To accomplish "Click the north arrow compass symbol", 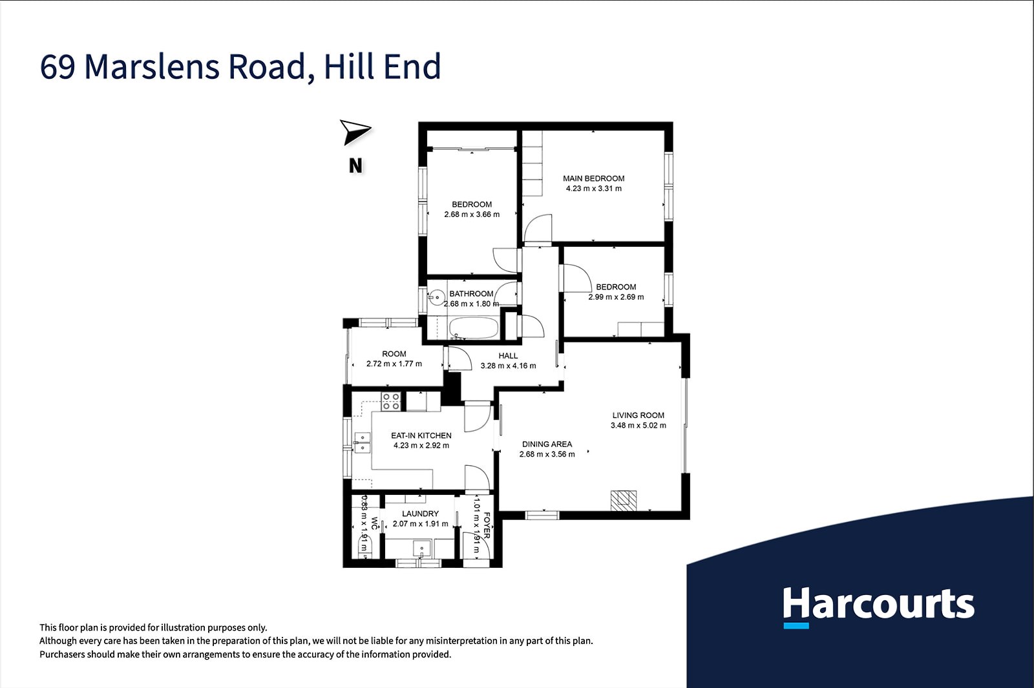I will click(355, 132).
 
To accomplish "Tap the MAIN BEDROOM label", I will click(593, 178).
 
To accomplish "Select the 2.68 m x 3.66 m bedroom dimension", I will click(472, 214).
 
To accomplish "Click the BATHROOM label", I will click(471, 294).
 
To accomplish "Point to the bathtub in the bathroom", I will click(473, 328).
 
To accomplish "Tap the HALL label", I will click(508, 356).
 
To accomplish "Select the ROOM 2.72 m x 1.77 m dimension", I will click(394, 364).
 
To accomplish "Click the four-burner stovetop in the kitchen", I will click(391, 401).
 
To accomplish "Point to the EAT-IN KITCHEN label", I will click(421, 435).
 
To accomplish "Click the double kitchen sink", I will click(362, 443).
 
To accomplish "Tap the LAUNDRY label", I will click(420, 514).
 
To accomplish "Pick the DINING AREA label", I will click(547, 444).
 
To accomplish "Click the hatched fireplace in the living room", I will click(623, 501).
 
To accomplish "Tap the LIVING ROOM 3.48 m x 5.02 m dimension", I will click(638, 426).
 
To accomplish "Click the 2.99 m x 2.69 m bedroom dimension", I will click(616, 297).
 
